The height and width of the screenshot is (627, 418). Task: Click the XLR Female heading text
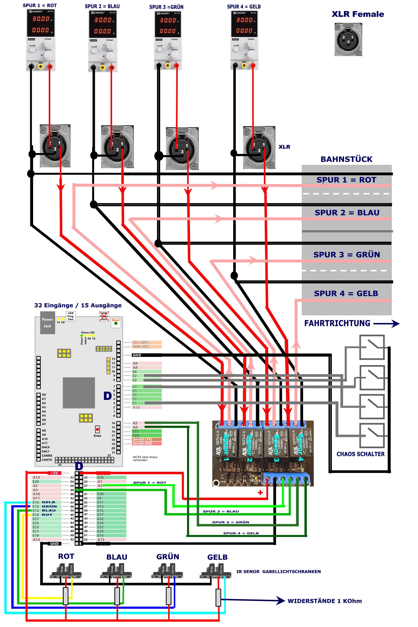(358, 14)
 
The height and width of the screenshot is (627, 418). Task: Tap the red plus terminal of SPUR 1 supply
(50, 66)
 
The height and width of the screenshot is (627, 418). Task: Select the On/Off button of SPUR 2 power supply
(94, 51)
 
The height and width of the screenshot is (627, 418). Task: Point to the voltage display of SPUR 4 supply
(244, 20)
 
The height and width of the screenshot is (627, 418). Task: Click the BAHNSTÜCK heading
(346, 159)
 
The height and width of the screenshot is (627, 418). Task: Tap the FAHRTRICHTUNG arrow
(386, 324)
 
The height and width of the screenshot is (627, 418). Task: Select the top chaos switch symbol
(372, 347)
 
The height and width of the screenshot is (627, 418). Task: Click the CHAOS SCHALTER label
(360, 454)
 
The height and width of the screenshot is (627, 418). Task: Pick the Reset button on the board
(116, 323)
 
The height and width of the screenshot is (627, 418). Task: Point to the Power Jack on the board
(47, 323)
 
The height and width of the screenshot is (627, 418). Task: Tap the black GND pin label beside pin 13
(137, 355)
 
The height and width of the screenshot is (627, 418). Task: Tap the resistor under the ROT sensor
(65, 596)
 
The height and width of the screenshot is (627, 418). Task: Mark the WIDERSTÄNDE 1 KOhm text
(324, 601)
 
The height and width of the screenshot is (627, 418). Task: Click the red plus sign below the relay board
(260, 492)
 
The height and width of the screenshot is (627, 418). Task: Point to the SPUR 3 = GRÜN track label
(346, 254)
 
